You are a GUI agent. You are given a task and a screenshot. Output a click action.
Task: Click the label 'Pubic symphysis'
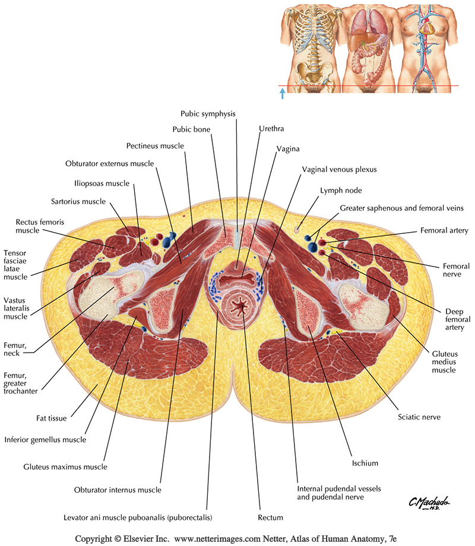[208, 113]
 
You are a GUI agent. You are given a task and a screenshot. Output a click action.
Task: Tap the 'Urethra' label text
[271, 129]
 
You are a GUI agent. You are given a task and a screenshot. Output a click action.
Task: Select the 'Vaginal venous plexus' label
[339, 169]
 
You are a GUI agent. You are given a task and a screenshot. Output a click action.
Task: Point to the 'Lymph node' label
[341, 191]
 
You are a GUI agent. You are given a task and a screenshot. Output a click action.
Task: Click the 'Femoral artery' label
[444, 230]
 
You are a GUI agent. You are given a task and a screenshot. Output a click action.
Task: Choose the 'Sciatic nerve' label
[419, 417]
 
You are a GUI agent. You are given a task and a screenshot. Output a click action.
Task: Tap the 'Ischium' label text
[365, 463]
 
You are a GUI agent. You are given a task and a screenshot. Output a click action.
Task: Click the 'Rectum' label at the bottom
[270, 518]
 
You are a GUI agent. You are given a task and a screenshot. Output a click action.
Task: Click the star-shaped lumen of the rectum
[241, 306]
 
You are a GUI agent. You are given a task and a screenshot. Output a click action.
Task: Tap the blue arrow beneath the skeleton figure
[283, 93]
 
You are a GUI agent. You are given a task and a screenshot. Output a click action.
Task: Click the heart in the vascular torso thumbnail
[427, 27]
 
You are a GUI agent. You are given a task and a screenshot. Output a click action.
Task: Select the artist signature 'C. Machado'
[427, 503]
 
